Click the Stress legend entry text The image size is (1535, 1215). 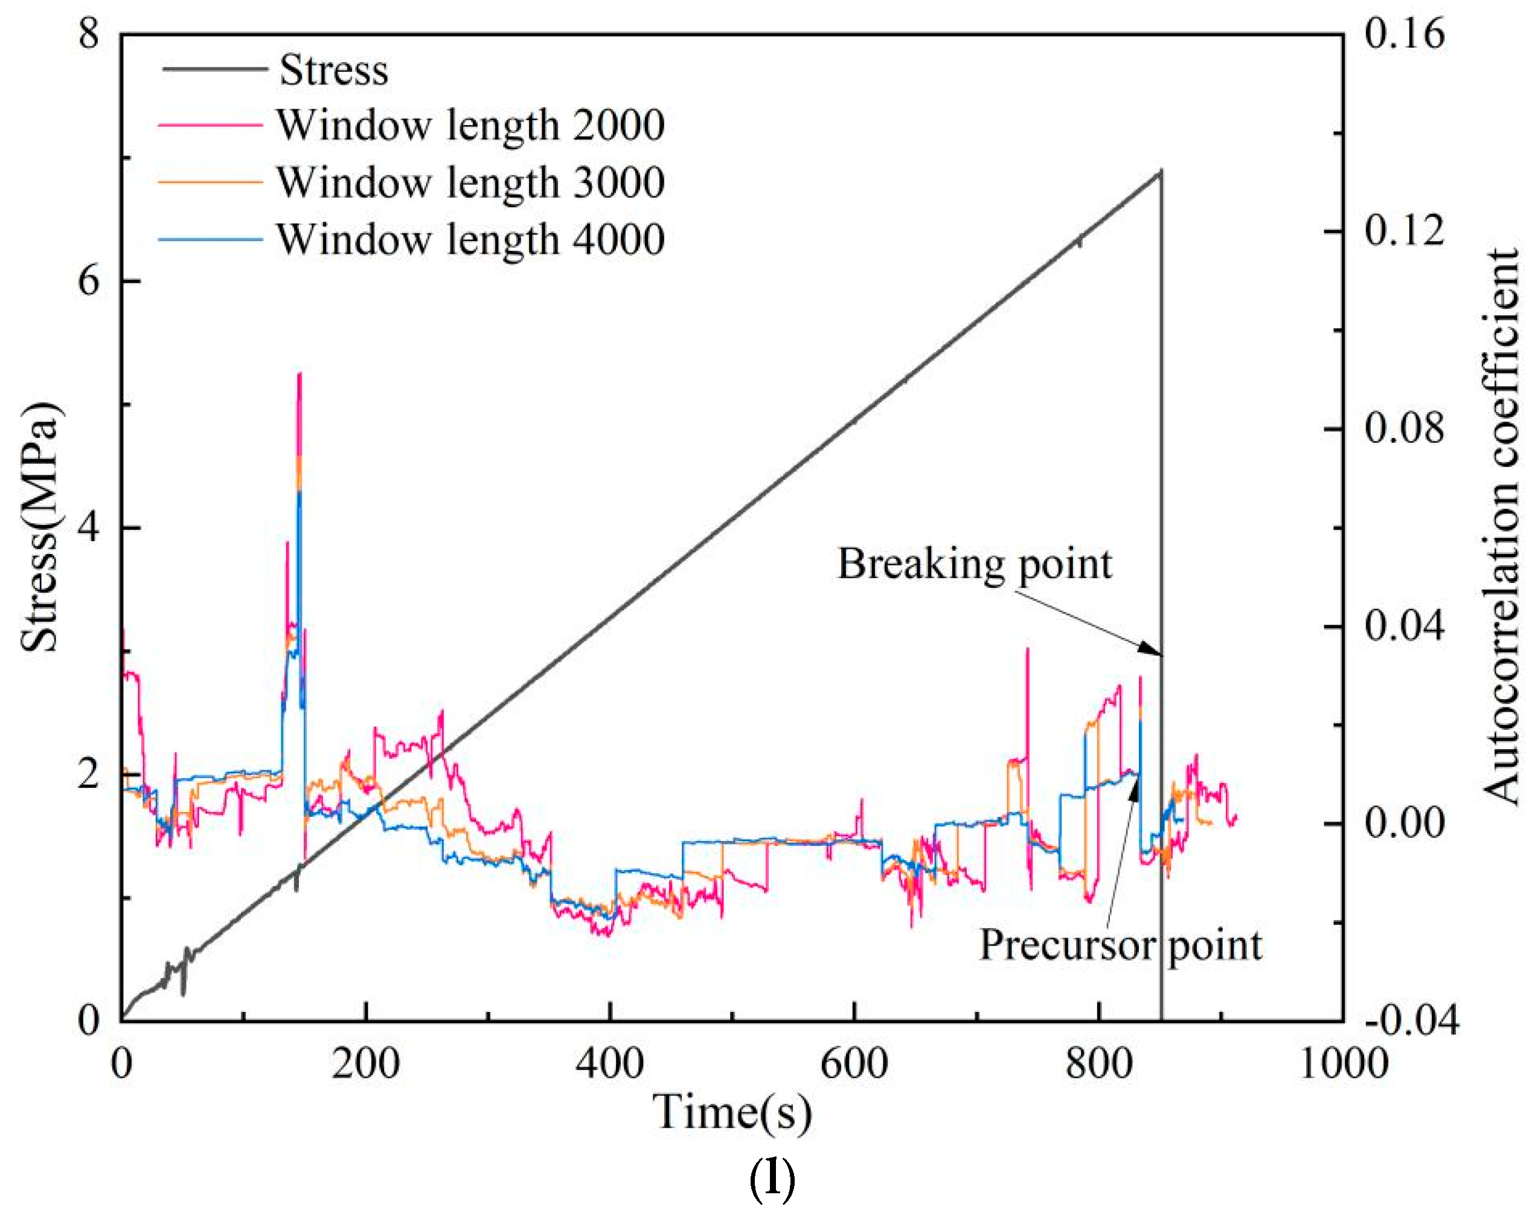pos(333,71)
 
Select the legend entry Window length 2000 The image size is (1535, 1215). pos(470,125)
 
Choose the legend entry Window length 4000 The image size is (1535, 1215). pos(470,239)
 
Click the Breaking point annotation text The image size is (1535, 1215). pos(974,564)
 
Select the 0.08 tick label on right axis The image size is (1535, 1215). pos(1404,429)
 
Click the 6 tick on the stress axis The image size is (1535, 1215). pos(89,281)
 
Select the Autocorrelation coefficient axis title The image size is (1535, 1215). pos(1500,526)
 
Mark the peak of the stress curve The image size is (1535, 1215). pos(1161,172)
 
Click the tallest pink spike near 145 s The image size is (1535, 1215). pos(300,373)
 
